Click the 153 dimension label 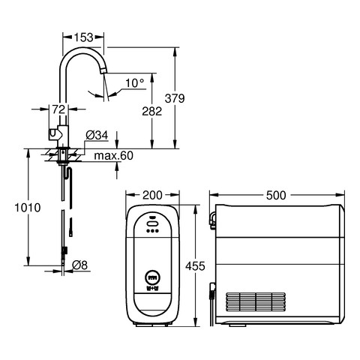(83, 37)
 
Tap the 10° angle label (135, 83)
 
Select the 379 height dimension (175, 98)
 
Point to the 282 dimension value (152, 111)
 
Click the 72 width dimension (58, 109)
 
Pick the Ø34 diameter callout (97, 135)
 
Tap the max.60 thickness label (114, 155)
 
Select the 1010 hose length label (28, 208)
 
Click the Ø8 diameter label (80, 265)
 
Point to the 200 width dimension (152, 195)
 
